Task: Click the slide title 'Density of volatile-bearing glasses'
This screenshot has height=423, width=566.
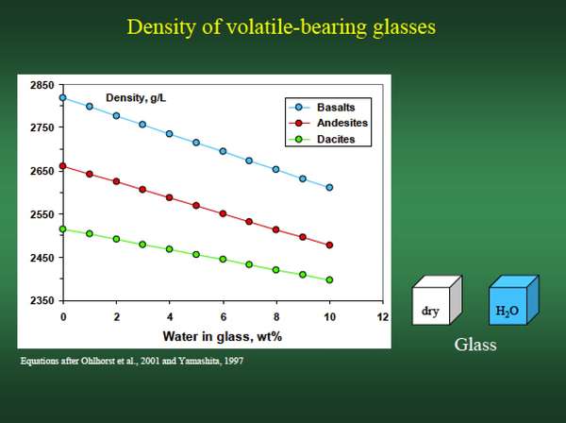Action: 281,27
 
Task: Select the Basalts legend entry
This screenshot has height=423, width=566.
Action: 322,108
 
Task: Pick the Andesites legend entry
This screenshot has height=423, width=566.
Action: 328,123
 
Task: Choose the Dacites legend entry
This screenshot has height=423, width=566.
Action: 322,139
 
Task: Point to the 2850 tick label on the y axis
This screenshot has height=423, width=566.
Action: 42,85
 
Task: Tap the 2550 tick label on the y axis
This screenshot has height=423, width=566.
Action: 42,214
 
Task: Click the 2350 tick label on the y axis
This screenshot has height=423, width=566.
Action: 42,300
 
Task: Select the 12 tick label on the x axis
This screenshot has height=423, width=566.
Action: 383,317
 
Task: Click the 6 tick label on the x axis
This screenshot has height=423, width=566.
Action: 223,317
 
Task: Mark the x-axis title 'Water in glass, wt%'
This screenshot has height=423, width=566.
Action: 223,337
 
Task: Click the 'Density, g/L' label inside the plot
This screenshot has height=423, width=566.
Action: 136,98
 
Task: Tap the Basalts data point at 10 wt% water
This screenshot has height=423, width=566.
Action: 329,188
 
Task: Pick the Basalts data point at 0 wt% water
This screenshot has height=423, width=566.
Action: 63,97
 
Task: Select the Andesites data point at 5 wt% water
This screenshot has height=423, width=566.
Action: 196,206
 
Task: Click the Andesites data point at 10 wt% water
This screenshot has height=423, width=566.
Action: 329,245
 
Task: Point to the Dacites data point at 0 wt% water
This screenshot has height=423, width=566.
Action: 63,229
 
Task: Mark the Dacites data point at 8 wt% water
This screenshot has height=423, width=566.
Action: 276,270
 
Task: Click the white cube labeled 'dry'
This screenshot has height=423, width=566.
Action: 437,300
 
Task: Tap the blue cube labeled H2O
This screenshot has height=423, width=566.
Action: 514,300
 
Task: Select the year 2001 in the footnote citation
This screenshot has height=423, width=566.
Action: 150,361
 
